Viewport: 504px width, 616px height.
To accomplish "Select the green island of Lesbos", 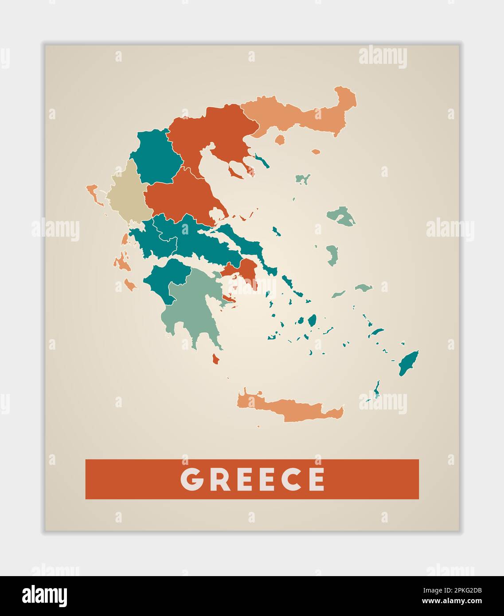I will (341, 216).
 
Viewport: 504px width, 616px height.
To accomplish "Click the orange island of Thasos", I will (279, 140).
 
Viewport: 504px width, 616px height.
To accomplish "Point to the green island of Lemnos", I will (303, 179).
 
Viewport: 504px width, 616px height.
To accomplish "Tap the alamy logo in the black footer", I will (44, 596).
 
